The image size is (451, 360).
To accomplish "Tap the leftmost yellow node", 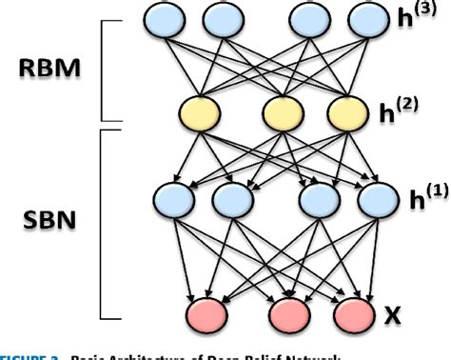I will (197, 112).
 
